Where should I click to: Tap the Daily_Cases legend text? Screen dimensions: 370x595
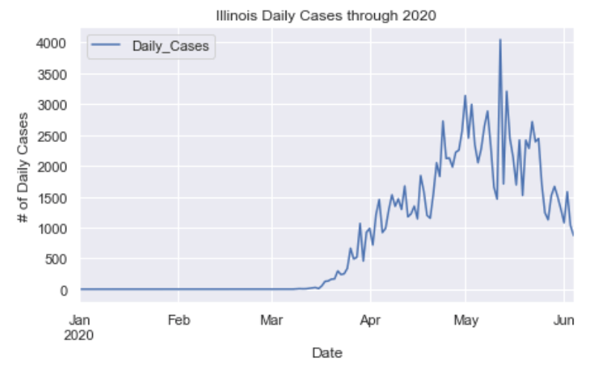(x=170, y=47)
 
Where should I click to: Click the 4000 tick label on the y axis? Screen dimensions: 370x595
(x=51, y=43)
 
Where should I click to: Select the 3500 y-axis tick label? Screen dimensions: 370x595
(x=51, y=74)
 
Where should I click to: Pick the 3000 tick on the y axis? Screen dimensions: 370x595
(x=51, y=106)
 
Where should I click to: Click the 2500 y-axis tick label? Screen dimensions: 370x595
(x=51, y=136)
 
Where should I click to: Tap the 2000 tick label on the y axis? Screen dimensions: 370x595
(x=51, y=167)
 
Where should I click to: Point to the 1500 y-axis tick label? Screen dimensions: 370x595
(x=51, y=198)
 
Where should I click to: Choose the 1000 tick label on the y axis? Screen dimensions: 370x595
(x=51, y=229)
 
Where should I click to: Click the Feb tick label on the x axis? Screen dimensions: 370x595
(x=178, y=321)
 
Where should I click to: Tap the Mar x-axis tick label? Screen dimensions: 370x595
(x=271, y=321)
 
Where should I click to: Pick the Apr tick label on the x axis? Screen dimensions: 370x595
(x=370, y=321)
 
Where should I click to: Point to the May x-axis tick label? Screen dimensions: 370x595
(x=465, y=321)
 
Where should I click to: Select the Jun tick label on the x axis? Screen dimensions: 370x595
(x=564, y=321)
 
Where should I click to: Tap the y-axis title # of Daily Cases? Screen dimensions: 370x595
(x=24, y=167)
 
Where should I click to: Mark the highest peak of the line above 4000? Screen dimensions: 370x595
(x=500, y=40)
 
